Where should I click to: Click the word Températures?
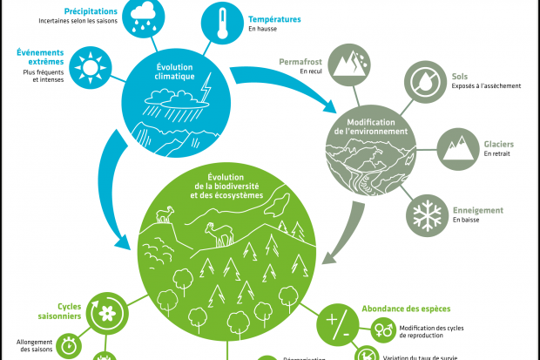[274, 18]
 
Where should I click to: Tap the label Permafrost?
[300, 62]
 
